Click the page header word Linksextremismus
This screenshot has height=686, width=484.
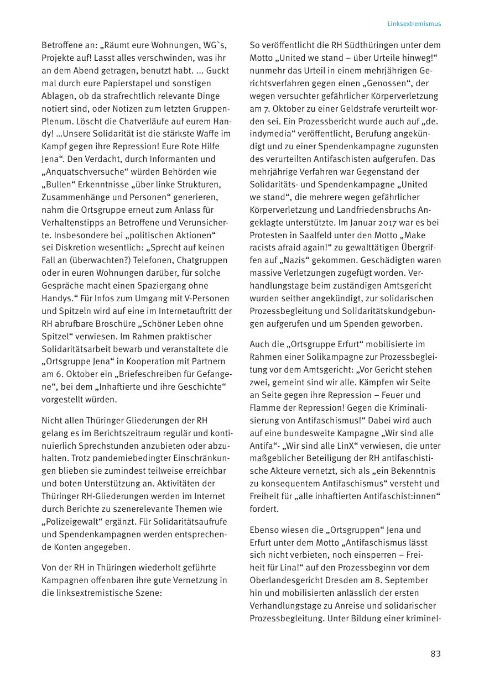(x=414, y=24)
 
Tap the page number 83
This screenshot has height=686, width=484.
(x=435, y=654)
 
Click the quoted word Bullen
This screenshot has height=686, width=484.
(x=59, y=184)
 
